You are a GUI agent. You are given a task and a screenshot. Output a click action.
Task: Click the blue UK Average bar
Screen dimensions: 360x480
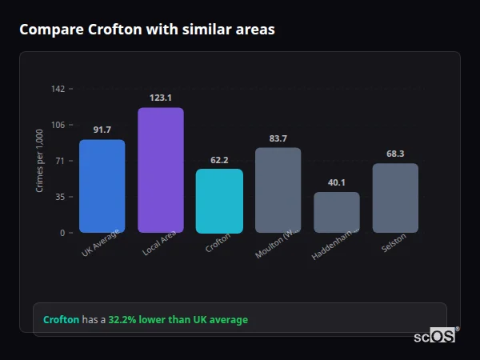102,186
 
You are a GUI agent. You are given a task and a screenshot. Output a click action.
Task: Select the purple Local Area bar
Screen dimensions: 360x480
161,170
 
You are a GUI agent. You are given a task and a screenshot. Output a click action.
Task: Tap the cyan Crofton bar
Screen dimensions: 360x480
219,201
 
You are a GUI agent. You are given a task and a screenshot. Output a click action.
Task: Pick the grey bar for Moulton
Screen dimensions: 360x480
278,190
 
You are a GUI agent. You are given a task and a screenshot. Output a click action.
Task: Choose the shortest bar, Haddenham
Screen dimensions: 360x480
337,213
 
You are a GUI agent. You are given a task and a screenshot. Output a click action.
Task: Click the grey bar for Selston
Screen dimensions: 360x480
395,198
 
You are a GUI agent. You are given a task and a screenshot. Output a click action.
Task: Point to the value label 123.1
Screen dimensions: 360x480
161,98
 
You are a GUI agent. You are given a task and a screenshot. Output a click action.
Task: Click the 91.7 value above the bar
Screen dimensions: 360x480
102,130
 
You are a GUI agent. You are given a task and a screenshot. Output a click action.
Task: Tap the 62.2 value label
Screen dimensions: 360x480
219,160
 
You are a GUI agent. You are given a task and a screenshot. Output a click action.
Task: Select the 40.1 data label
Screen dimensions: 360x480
337,182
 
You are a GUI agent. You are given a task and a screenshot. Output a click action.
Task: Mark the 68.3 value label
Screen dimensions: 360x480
395,154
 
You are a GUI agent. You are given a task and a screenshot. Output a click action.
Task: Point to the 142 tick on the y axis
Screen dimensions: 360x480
58,89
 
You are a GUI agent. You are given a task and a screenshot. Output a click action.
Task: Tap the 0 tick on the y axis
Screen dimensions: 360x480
62,233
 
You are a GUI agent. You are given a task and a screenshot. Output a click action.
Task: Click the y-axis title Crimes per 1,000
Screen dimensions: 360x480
39,161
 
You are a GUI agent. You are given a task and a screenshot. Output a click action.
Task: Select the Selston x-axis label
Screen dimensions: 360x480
394,243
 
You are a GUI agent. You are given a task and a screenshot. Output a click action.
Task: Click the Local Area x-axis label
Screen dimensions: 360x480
159,246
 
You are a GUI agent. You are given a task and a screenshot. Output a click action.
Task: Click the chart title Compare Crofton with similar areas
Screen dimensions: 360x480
146,30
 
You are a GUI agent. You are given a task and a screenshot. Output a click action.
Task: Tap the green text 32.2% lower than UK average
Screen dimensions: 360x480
178,320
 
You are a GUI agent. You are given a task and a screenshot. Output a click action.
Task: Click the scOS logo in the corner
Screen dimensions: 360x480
434,336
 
